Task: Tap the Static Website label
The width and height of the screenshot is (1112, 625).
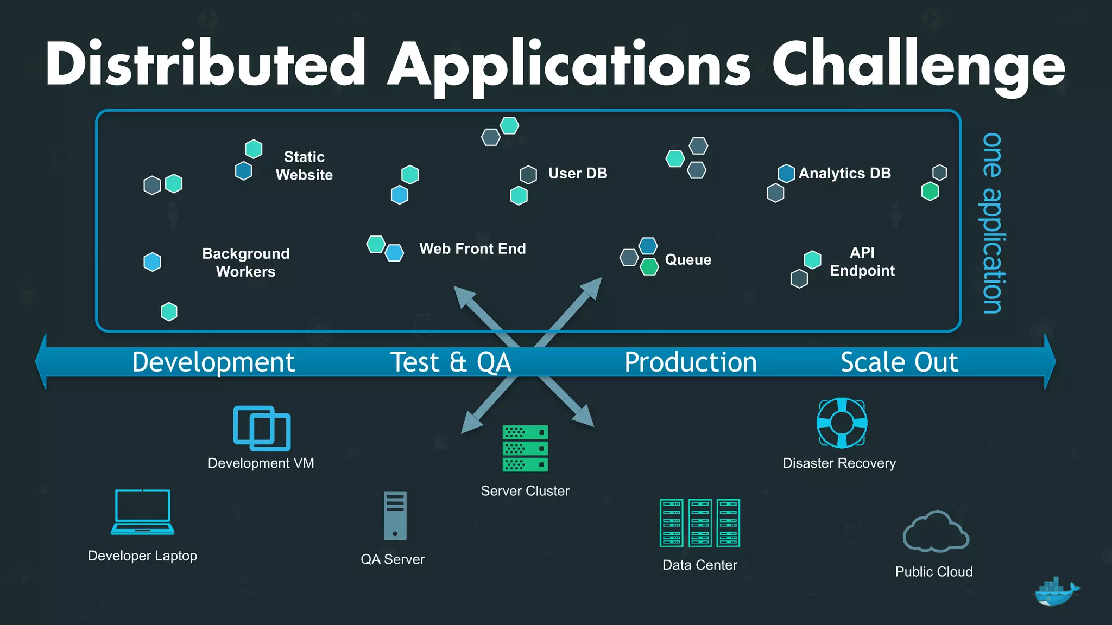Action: (304, 166)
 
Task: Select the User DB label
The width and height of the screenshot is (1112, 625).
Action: (577, 174)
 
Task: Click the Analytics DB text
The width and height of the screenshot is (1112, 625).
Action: (844, 174)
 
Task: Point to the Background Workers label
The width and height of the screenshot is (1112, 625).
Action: (245, 263)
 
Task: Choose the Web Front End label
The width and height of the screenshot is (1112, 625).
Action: (472, 249)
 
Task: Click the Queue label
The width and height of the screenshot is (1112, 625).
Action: (687, 260)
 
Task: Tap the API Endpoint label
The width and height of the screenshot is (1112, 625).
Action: (862, 262)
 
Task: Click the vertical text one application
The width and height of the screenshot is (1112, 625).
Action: (993, 222)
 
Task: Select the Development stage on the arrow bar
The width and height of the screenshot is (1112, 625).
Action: (213, 362)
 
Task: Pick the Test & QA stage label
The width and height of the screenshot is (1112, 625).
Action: (451, 362)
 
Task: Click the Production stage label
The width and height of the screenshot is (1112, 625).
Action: (690, 362)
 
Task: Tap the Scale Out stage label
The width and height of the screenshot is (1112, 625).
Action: (899, 362)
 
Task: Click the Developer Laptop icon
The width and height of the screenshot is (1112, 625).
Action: (143, 512)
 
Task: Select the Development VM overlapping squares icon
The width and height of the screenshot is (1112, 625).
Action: (262, 428)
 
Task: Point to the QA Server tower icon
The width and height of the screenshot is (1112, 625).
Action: (395, 515)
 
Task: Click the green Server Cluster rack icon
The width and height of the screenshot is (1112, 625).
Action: (525, 448)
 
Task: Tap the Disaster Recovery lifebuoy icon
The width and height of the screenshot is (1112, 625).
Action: (842, 423)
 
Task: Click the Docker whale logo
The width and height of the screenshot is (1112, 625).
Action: (1054, 592)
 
